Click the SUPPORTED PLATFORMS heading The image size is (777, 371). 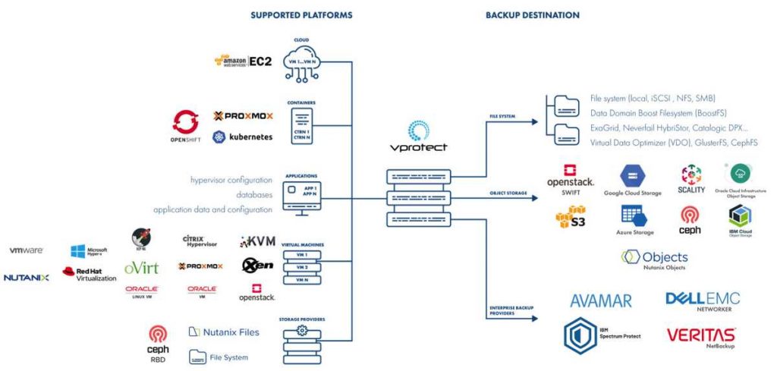pyautogui.click(x=301, y=15)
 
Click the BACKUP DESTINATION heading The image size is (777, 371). pyautogui.click(x=532, y=15)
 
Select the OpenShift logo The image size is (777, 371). pyautogui.click(x=185, y=126)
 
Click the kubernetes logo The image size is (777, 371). pyautogui.click(x=242, y=137)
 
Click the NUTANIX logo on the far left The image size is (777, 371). pyautogui.click(x=26, y=278)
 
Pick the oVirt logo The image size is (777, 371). pyautogui.click(x=142, y=268)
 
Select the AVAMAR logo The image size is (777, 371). pyautogui.click(x=601, y=300)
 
